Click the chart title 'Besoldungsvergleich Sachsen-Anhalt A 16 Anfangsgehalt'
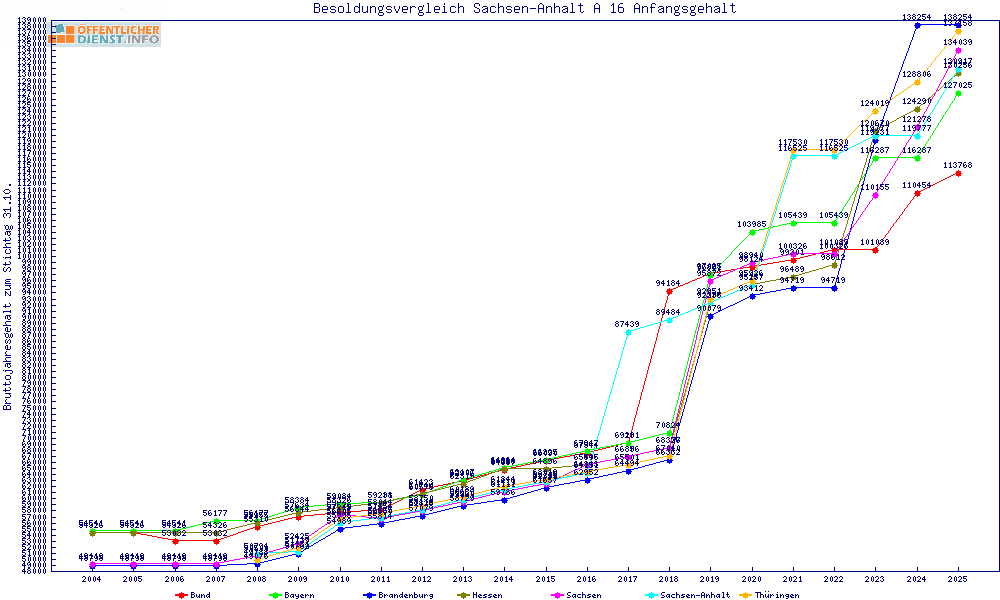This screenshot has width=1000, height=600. click(524, 9)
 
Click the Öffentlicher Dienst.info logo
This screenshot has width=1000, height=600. click(105, 35)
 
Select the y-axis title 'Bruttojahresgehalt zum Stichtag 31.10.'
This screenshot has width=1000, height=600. click(8, 297)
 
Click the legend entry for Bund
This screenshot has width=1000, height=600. click(193, 595)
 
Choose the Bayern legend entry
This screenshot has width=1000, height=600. click(291, 595)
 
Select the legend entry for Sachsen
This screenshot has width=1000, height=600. click(577, 595)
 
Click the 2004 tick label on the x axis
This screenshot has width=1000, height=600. click(92, 579)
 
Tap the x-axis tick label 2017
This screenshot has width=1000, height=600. click(627, 579)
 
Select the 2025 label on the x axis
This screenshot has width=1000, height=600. click(958, 579)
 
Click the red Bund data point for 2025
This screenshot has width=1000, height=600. click(958, 173)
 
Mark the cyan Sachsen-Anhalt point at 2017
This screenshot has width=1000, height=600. click(627, 332)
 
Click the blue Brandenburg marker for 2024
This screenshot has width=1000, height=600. click(917, 24)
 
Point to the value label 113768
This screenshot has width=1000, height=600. click(958, 165)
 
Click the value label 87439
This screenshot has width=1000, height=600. click(627, 324)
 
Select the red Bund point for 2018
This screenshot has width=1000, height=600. click(668, 291)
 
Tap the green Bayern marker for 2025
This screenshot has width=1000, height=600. click(958, 93)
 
